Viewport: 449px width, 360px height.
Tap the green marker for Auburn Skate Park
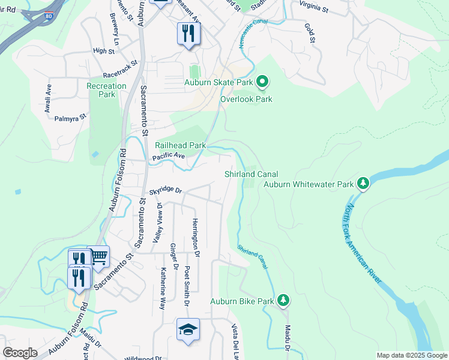tap(262, 81)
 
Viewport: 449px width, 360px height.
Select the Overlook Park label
tap(246, 99)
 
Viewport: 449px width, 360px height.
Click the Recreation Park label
tap(107, 90)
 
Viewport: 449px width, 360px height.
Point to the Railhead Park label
tap(180, 145)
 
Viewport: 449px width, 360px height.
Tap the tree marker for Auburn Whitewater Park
tap(363, 184)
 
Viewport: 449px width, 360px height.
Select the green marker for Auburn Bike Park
tap(283, 300)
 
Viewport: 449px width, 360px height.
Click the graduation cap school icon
tap(188, 329)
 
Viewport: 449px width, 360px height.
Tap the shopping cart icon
tap(98, 257)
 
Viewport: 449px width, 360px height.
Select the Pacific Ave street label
tap(169, 156)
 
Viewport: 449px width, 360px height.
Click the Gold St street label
tap(310, 34)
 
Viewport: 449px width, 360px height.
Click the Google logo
tap(20, 353)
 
